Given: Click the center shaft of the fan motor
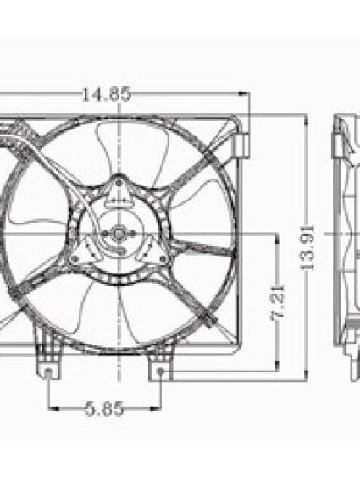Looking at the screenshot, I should [119, 233].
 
